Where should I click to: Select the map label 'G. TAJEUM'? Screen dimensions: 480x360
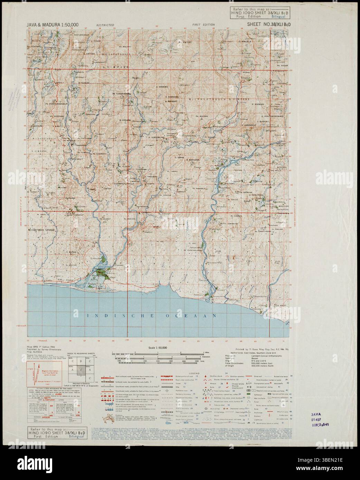84,83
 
